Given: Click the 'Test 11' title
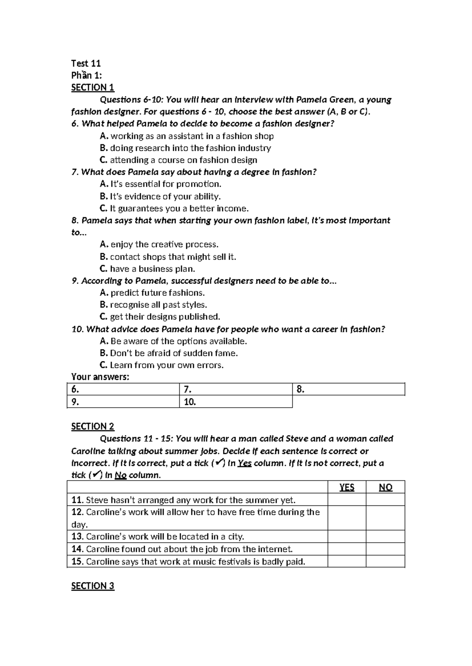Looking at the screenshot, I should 86,63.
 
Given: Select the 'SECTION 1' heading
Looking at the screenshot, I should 92,88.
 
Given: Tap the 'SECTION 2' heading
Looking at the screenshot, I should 92,426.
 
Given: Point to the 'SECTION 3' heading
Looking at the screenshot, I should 92,586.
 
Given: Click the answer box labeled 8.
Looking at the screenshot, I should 348,390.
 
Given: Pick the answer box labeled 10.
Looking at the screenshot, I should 236,402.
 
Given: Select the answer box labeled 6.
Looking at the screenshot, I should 123,390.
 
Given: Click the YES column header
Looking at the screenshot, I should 347,487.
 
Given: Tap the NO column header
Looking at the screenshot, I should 385,487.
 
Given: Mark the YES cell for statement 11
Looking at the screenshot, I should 347,500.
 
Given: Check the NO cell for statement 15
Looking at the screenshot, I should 385,562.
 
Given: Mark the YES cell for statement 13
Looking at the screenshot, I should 347,537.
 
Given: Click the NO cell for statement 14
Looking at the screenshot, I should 385,549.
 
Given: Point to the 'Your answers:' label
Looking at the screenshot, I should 100,377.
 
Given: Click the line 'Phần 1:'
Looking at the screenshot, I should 86,75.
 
